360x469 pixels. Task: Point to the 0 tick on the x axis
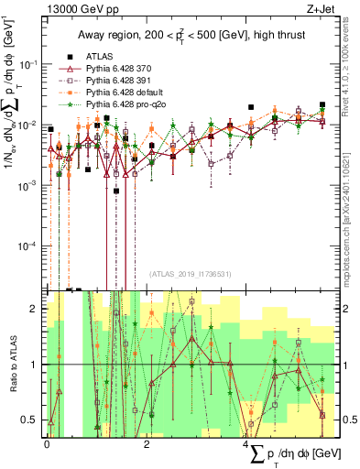click(47, 442)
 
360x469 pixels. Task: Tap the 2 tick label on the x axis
click(148, 442)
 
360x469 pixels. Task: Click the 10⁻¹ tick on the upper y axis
click(32, 63)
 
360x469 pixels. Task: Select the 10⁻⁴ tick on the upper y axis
click(32, 246)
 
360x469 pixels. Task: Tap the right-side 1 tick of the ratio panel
click(342, 365)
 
